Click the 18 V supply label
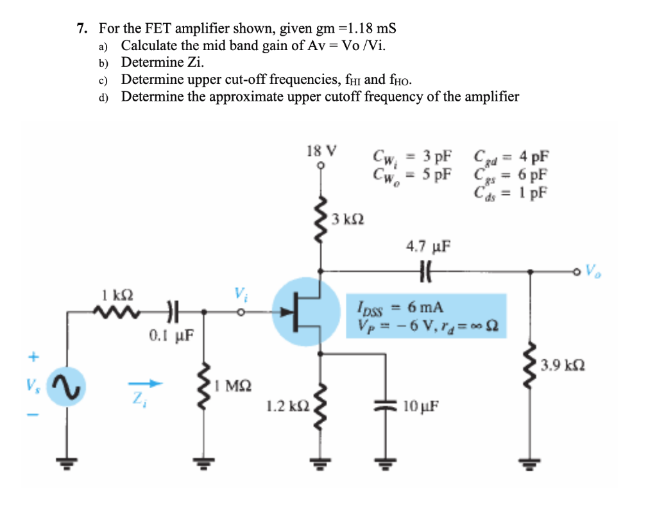pyautogui.click(x=321, y=152)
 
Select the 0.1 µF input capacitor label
pyautogui.click(x=167, y=335)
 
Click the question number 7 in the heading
pyautogui.click(x=81, y=28)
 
